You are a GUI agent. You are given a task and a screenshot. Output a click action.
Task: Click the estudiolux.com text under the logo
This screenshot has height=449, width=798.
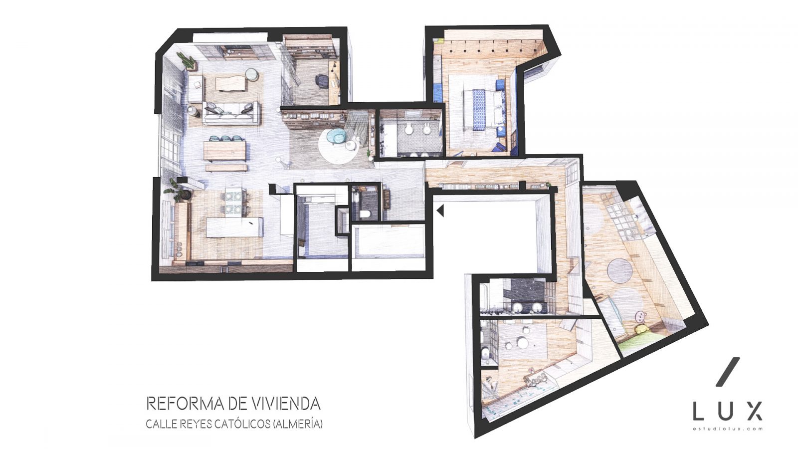point(728,429)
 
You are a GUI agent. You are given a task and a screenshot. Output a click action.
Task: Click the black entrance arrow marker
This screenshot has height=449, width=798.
point(440,211)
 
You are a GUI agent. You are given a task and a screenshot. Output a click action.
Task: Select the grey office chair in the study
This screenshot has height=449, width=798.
point(321,80)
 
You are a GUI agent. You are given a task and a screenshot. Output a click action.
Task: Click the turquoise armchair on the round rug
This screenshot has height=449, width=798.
point(335,137)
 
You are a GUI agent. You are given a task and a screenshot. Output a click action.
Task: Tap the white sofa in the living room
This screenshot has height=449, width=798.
point(231,113)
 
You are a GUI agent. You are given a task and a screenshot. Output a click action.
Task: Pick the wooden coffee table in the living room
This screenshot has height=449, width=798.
point(231,84)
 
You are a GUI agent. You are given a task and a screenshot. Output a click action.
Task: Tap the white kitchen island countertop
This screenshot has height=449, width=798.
point(235,227)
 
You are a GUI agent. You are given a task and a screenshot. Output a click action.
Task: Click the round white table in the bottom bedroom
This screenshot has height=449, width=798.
point(523,343)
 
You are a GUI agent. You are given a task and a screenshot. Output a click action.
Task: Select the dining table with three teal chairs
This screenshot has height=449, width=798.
point(225,151)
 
